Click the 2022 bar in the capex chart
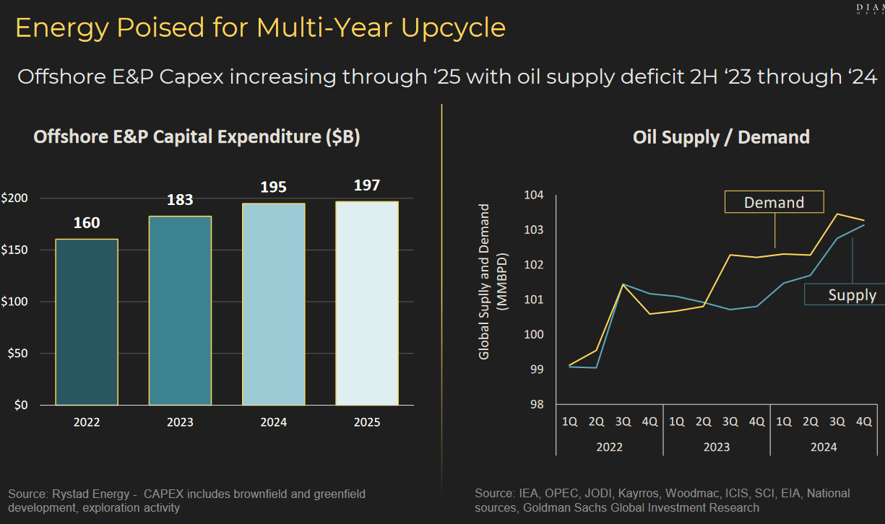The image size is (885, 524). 87,321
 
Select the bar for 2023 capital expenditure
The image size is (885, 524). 180,310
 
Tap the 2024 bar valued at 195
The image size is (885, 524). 273,304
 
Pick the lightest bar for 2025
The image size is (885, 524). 366,303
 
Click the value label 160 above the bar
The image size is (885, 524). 87,223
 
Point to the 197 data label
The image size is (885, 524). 367,185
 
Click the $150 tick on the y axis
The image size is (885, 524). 16,250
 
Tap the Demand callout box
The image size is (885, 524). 774,203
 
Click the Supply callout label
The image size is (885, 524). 852,294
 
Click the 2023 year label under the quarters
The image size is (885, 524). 716,447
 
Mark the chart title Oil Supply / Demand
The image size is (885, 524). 721,137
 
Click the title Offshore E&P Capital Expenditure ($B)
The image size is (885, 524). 197,137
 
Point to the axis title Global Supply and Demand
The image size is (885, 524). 485,281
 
